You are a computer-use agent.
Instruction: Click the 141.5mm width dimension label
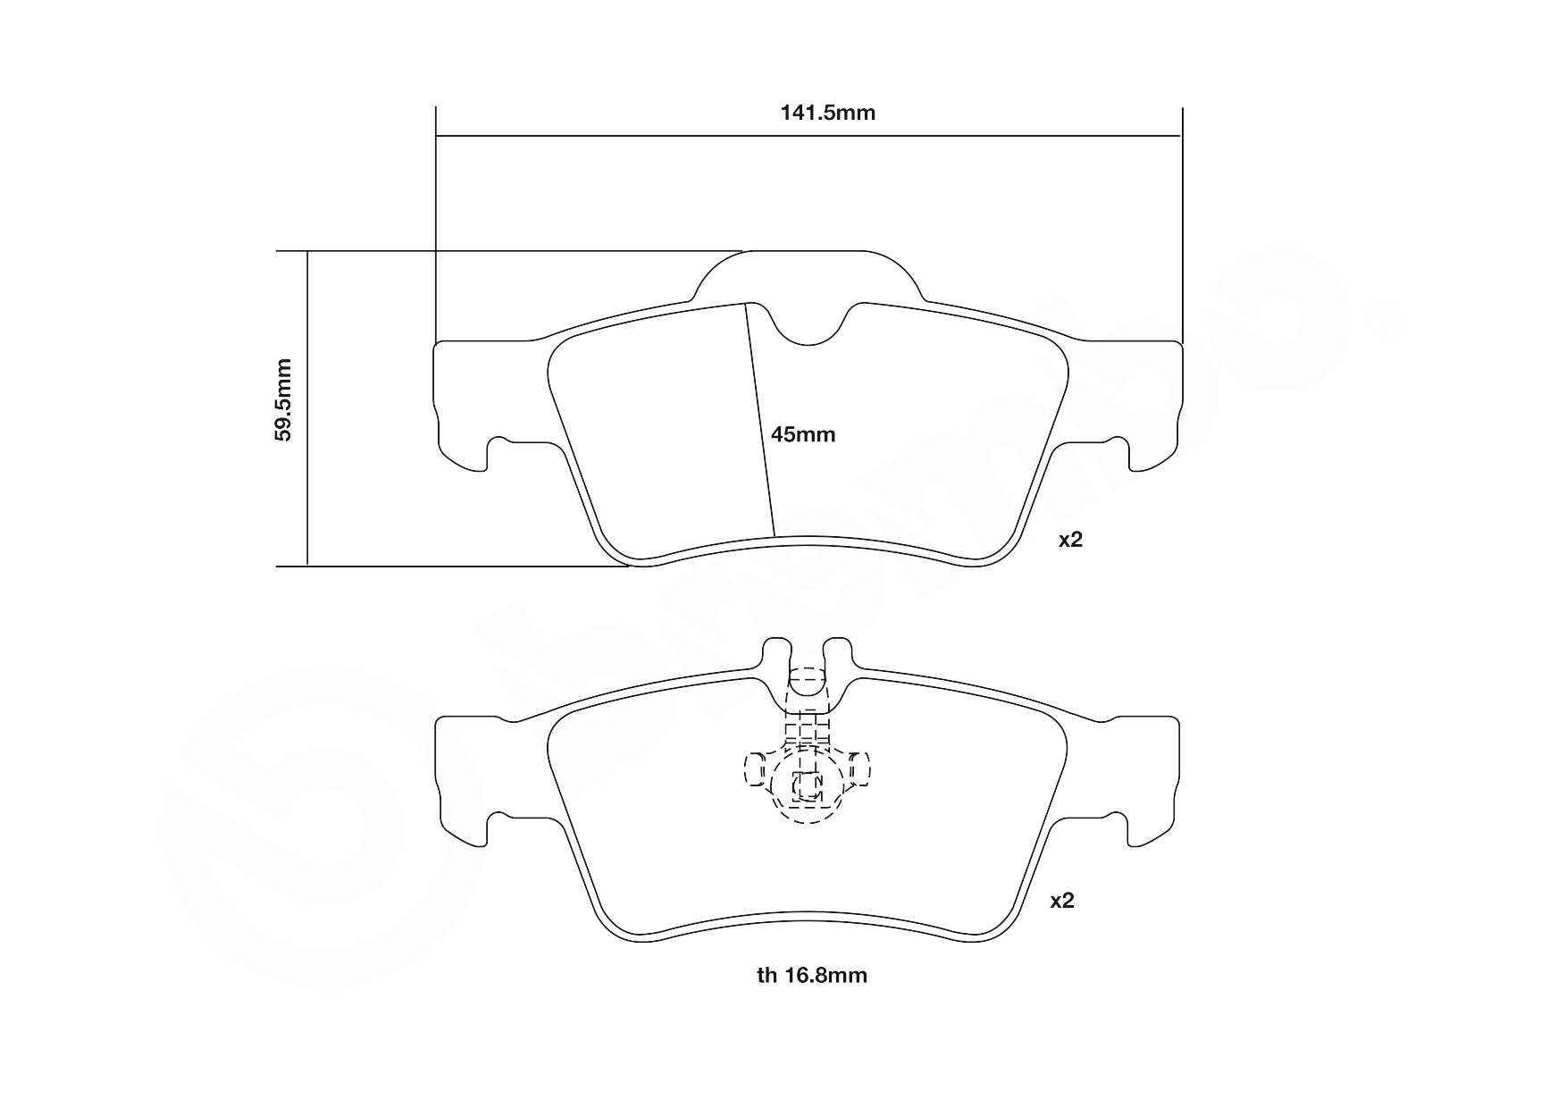click(x=827, y=113)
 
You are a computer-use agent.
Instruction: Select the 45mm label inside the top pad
click(x=802, y=435)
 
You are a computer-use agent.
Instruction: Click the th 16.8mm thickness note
click(x=811, y=976)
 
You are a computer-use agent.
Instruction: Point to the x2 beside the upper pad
click(x=1069, y=540)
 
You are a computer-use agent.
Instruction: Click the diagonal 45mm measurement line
click(x=759, y=420)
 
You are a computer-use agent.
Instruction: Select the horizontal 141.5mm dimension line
click(x=625, y=137)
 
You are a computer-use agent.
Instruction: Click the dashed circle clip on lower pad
click(x=807, y=786)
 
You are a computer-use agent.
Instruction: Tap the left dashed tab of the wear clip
click(x=756, y=769)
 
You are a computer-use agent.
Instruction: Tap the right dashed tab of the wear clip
click(x=859, y=768)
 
